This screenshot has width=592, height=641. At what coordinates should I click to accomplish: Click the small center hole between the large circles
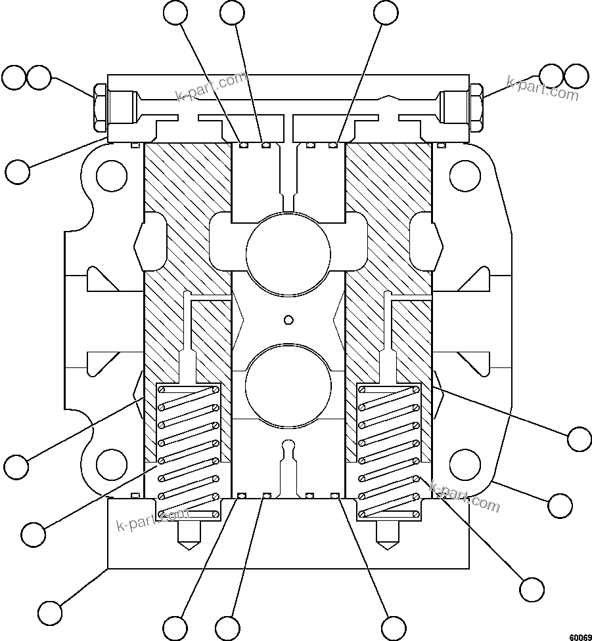click(287, 320)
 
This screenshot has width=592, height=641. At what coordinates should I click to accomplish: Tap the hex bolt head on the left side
click(101, 107)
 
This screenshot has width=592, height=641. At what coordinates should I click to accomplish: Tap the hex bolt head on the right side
click(476, 107)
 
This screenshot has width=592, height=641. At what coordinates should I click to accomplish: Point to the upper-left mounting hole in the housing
click(111, 176)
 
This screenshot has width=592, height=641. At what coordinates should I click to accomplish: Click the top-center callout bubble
click(233, 12)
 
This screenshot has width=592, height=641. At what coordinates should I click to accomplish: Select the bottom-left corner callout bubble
click(50, 612)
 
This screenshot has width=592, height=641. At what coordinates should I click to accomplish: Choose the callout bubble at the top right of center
click(386, 12)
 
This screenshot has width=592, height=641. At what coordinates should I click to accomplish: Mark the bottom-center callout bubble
click(227, 627)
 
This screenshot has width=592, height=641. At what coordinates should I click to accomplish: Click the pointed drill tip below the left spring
click(188, 541)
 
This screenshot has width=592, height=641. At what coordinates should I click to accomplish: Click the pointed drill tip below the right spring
click(388, 541)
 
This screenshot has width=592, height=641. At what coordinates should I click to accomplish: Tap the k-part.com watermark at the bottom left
click(151, 522)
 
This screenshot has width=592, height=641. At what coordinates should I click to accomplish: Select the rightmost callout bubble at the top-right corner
click(576, 77)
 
